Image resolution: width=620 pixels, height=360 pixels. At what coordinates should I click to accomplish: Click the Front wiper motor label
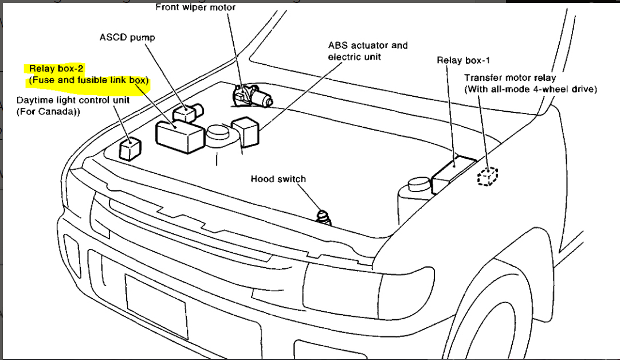tap(195, 7)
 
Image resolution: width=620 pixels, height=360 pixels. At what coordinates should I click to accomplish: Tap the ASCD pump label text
tap(127, 38)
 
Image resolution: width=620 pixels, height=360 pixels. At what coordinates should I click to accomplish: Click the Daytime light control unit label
tap(73, 100)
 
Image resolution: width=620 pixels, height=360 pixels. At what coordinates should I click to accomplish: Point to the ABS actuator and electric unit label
tap(367, 50)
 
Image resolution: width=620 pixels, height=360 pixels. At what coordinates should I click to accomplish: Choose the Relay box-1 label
tap(463, 60)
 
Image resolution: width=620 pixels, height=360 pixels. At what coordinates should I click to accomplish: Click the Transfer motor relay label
tap(510, 77)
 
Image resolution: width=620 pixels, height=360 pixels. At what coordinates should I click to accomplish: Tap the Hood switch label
tap(278, 179)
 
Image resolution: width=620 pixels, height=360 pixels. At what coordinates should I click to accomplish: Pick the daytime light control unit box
tap(130, 149)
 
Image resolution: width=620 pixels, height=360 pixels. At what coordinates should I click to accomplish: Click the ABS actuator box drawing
tap(245, 131)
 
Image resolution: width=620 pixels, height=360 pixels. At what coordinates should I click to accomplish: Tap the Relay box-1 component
tap(454, 174)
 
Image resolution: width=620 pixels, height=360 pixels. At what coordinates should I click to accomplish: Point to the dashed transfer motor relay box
tap(488, 177)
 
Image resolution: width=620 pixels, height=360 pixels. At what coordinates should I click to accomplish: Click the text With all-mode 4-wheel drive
tap(531, 89)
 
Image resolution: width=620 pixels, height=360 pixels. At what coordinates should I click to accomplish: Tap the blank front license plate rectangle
tap(156, 306)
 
